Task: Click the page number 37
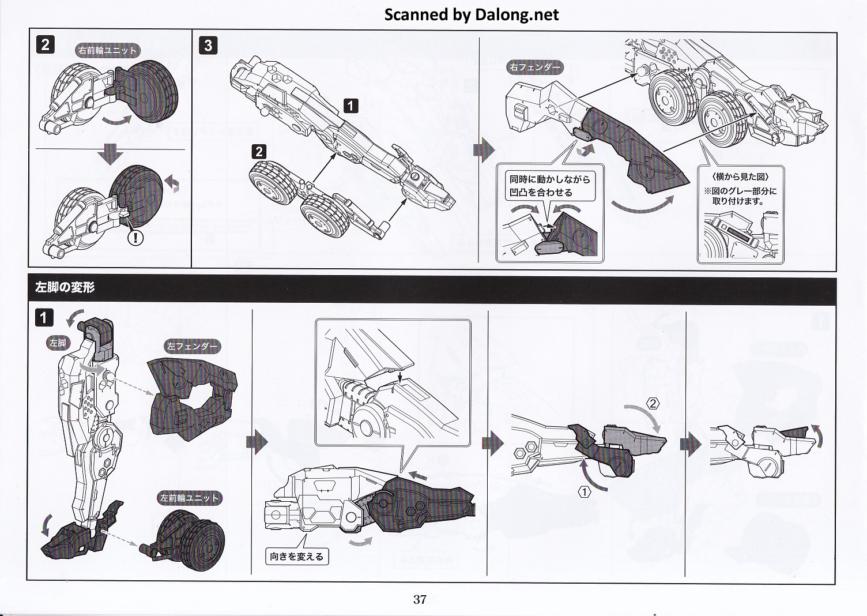click(420, 599)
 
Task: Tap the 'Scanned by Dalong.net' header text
click(472, 14)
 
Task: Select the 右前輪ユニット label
click(108, 51)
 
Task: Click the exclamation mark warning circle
click(135, 236)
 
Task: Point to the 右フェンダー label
click(534, 67)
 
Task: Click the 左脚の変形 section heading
click(65, 287)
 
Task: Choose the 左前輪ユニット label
click(190, 498)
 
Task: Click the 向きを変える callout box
click(297, 557)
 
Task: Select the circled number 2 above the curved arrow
click(653, 403)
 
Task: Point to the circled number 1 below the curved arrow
click(585, 492)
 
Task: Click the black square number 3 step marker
click(209, 46)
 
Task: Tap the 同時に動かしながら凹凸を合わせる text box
click(549, 186)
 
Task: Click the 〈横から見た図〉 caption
click(740, 176)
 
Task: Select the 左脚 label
click(58, 343)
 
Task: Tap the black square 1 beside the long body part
click(350, 106)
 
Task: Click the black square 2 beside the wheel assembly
click(259, 151)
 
